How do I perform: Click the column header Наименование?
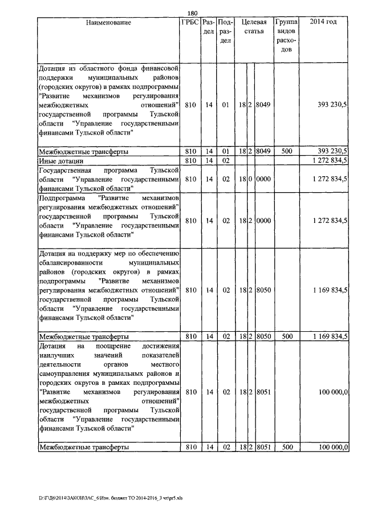click(109, 23)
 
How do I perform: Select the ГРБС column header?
click(189, 23)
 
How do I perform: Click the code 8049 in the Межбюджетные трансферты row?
click(263, 152)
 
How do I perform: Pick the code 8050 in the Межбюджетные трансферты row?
click(263, 336)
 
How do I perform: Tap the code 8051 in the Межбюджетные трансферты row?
click(263, 447)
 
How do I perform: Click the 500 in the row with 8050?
click(287, 336)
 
